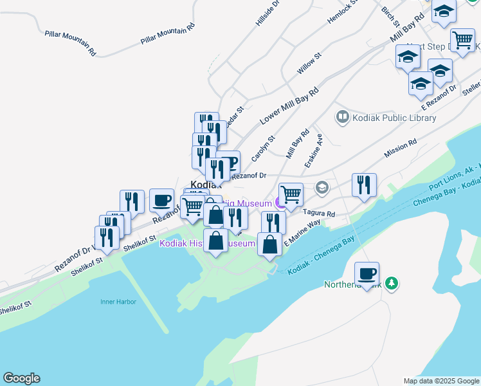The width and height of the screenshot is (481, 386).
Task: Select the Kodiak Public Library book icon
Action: pos(342,117)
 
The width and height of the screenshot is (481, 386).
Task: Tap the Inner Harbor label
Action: pos(118,301)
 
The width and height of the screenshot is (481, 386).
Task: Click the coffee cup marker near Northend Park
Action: pos(367,275)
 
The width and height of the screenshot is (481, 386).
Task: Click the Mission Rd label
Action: pos(400,149)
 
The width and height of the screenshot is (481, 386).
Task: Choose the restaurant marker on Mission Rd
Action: pos(364,186)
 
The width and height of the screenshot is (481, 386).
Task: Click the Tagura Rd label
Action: pos(319,214)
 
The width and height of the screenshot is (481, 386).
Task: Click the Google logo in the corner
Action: pos(21,378)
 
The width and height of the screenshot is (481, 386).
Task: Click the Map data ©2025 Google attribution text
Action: pos(441,381)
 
